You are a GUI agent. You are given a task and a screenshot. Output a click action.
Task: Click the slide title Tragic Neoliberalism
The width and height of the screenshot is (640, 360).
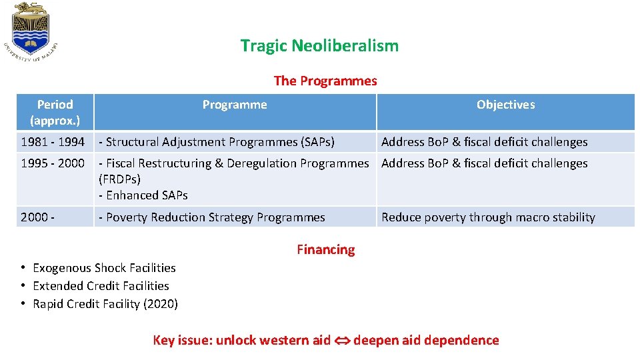point(319,46)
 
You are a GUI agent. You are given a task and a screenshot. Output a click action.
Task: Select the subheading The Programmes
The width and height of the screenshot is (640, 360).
point(325,81)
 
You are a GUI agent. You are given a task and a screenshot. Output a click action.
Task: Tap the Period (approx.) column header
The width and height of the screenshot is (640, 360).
point(55,112)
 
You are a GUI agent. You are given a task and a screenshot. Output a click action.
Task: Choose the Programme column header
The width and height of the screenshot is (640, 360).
point(235,105)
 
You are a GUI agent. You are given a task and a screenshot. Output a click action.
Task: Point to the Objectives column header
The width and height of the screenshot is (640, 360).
point(505,105)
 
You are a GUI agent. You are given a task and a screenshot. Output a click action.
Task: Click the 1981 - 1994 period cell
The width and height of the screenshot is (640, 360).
point(53,142)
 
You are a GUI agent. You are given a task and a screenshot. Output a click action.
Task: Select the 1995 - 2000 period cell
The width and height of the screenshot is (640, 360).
point(53,163)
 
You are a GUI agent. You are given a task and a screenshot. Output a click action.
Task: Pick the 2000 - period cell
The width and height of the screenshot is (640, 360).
point(37,217)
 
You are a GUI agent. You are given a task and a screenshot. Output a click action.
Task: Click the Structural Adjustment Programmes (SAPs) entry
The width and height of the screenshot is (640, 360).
point(217,142)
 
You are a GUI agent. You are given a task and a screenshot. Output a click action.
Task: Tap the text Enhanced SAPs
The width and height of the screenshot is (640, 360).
point(143,195)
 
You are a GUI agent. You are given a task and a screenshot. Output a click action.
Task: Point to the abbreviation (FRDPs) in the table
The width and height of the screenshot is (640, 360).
point(119,179)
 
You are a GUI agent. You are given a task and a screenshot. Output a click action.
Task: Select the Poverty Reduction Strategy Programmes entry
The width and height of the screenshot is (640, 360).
point(212,217)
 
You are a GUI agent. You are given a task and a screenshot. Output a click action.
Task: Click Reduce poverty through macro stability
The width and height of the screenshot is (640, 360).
point(488,217)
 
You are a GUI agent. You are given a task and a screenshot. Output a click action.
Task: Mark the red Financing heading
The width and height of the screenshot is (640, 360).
point(325,250)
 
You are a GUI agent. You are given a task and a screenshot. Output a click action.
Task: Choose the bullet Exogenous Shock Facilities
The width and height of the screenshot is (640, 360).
point(104,268)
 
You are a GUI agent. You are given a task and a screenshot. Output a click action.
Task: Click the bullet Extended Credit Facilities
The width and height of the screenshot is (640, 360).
point(101,286)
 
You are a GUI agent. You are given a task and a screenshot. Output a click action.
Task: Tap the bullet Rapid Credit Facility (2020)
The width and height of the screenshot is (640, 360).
point(105,304)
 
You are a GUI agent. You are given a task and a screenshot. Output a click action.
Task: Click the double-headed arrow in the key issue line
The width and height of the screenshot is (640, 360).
point(341,341)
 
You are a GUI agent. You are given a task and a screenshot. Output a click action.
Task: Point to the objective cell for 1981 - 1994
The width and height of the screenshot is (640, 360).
point(484,142)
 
